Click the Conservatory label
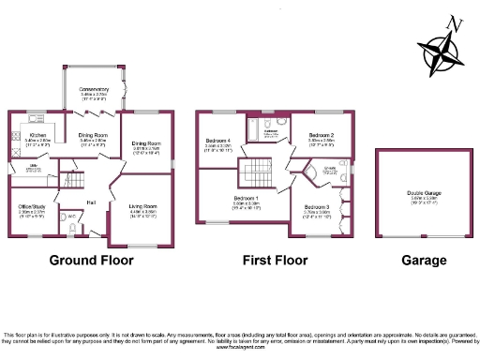click(95, 90)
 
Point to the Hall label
click(92, 202)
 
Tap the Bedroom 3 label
click(320, 207)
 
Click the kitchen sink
click(16, 150)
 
